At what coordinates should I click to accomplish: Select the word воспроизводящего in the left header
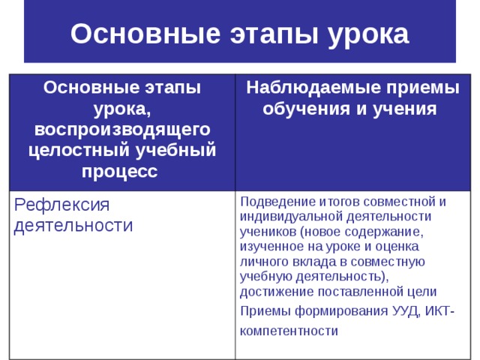121,129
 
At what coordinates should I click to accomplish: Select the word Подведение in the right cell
273,201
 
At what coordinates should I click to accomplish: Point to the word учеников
265,231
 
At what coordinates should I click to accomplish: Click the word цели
425,291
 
